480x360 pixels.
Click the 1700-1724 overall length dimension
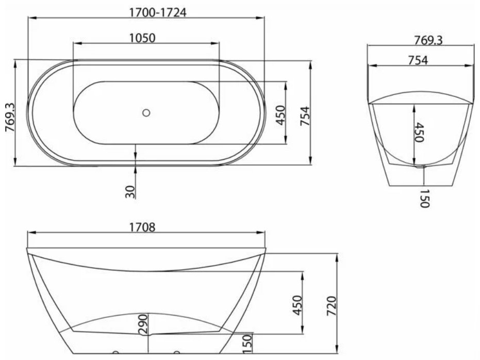[158, 12]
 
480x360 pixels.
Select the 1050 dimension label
[142, 38]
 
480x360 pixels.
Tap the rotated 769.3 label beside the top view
[11, 117]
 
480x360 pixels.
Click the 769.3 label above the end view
[428, 40]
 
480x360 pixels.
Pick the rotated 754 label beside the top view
[305, 116]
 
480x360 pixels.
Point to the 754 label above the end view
[418, 60]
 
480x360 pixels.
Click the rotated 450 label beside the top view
[280, 116]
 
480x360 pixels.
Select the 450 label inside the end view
[419, 132]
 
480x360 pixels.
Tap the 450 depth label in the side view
[297, 305]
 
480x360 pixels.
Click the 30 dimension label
[130, 192]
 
